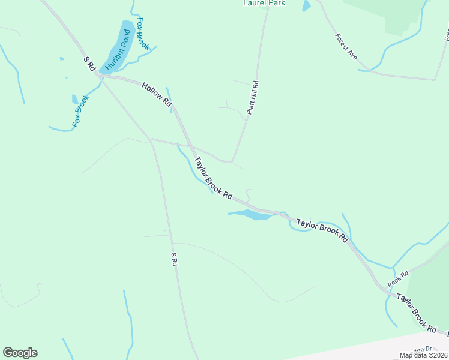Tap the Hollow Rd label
pos(157,95)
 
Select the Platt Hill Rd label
pos(252,98)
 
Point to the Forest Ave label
pos(346,46)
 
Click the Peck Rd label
pos(397,279)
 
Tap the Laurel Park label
pos(264,3)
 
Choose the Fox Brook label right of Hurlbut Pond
pos(143,34)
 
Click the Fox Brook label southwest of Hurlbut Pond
pos(80,110)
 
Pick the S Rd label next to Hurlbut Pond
pos(90,64)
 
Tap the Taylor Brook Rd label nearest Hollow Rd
pos(213,178)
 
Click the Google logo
pos(20,353)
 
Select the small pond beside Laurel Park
pos(307,6)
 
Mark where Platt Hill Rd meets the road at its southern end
pos(231,162)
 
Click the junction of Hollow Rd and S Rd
pos(100,76)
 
